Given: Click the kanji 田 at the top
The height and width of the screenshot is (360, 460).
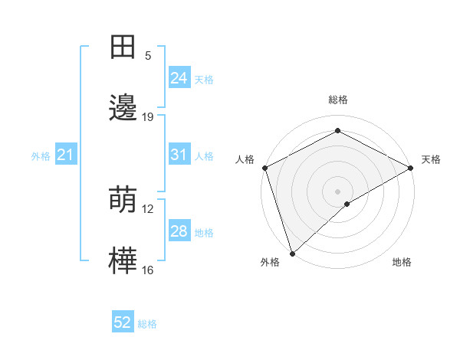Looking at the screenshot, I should point(123,47).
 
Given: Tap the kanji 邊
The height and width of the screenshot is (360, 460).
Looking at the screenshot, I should point(123,108).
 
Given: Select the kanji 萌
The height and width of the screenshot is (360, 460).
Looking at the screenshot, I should point(123,200).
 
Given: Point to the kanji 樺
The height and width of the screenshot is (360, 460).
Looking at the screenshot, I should point(123,261).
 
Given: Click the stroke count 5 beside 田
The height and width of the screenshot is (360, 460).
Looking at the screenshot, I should point(148,56).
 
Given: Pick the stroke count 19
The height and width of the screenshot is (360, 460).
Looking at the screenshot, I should point(148,117).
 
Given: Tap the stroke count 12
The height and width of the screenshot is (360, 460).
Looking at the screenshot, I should point(148,209).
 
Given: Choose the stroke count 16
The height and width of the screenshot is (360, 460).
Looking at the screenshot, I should point(148,270).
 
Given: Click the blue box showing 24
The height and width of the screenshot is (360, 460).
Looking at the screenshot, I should point(179,78).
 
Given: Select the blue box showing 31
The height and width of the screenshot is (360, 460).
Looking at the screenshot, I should point(179,155).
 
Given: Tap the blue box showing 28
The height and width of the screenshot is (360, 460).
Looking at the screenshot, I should point(179,231).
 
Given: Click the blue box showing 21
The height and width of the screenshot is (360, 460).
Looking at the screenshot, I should point(66,155).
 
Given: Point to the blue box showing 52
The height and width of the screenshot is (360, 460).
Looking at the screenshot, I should point(123,323).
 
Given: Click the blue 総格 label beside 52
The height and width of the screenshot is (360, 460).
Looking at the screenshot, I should point(148,324).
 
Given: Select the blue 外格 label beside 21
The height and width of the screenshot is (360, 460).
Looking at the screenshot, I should point(41,156).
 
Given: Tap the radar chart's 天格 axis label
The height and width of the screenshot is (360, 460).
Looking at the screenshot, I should point(431,159).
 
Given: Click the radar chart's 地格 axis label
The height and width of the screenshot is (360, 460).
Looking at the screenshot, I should point(402,262).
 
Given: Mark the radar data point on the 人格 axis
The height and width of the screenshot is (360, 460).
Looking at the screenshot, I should point(264,168).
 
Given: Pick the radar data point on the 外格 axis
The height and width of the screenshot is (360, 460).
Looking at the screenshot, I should point(292,253).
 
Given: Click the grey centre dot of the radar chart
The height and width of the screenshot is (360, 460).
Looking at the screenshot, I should point(337,191).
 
